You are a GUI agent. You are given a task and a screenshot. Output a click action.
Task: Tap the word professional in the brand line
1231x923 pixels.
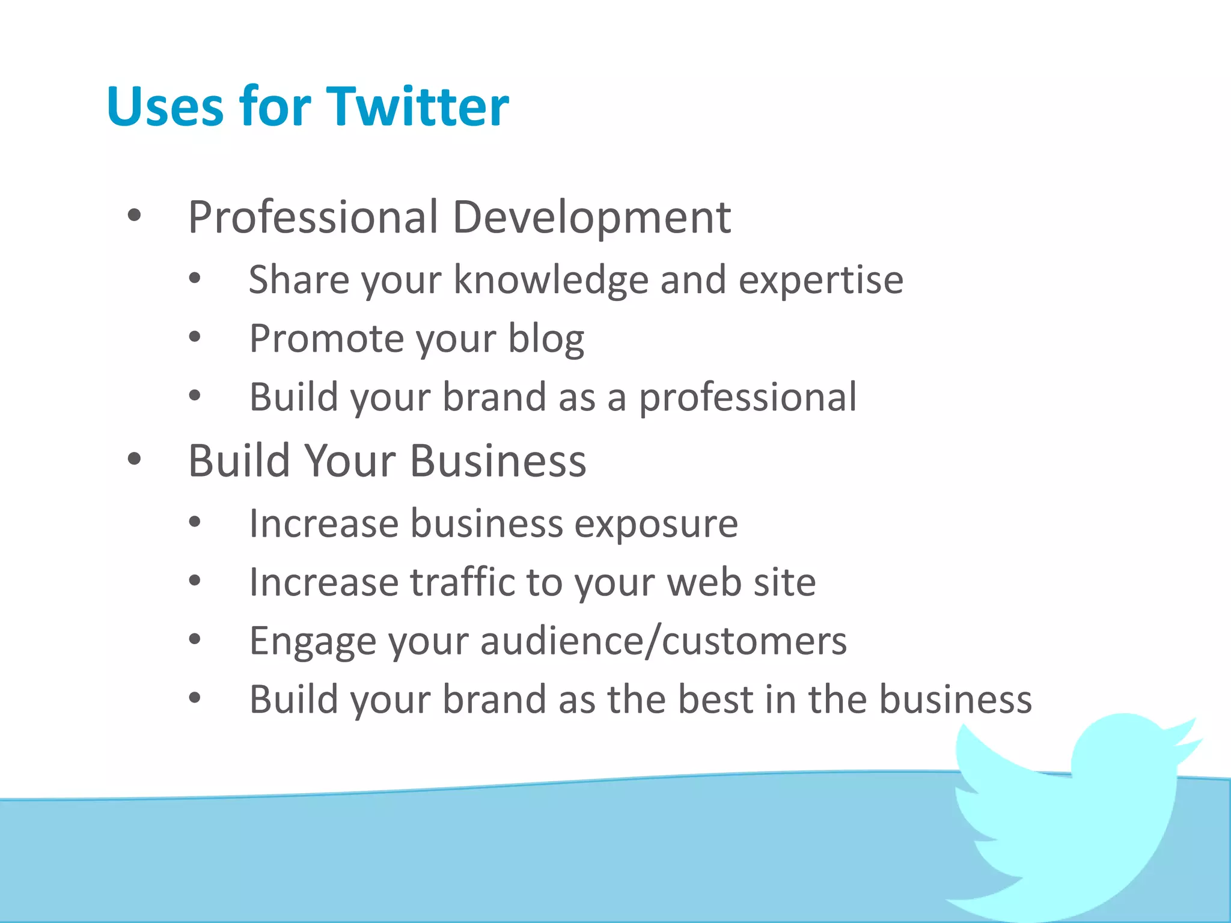(x=747, y=397)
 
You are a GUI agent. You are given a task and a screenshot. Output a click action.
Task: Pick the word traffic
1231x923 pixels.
(x=463, y=582)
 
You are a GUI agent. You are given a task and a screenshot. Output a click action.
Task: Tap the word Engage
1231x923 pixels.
(x=313, y=641)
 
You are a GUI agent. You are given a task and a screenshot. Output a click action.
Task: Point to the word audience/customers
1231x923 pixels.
(x=664, y=641)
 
